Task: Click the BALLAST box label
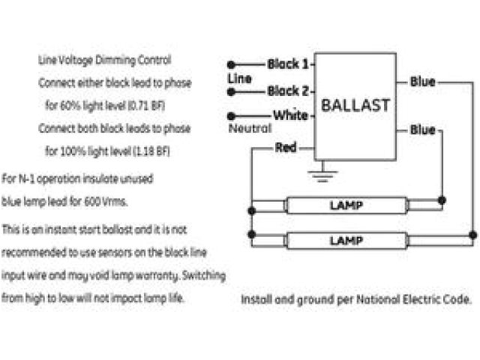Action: tap(355, 105)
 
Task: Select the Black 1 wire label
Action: tap(288, 64)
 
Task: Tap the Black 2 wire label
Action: tap(288, 91)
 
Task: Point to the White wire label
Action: tap(289, 115)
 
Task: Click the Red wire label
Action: tap(286, 148)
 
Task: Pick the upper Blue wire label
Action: tap(422, 82)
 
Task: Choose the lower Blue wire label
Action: tap(422, 130)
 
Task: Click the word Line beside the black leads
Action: tap(238, 78)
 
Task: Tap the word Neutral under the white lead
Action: tap(249, 128)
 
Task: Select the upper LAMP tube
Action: tap(346, 205)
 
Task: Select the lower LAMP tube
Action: tap(346, 240)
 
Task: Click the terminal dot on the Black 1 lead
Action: tap(231, 64)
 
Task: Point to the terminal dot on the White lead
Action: tap(231, 116)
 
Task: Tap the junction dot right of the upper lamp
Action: tap(442, 200)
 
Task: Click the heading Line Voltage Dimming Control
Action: tap(104, 59)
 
